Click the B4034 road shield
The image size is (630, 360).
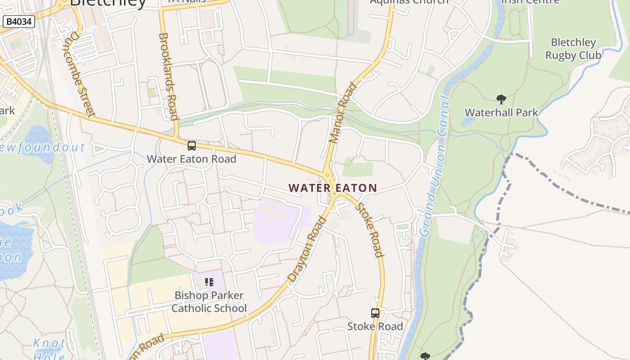click(19, 21)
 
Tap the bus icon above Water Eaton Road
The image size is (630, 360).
click(192, 145)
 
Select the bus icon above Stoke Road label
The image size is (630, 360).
click(375, 313)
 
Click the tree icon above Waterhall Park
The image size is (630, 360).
click(501, 99)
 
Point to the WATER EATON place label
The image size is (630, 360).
click(333, 188)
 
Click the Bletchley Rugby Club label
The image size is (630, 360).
click(573, 49)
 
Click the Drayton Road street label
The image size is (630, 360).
click(307, 249)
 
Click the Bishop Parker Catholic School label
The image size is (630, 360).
click(209, 302)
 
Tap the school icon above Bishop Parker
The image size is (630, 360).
click(209, 282)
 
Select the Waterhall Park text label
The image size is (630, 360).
click(501, 112)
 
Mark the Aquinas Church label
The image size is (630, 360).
click(409, 1)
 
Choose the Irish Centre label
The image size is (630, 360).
click(530, 1)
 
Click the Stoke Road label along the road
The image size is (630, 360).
click(369, 230)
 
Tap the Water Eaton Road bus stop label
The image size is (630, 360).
click(191, 159)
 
